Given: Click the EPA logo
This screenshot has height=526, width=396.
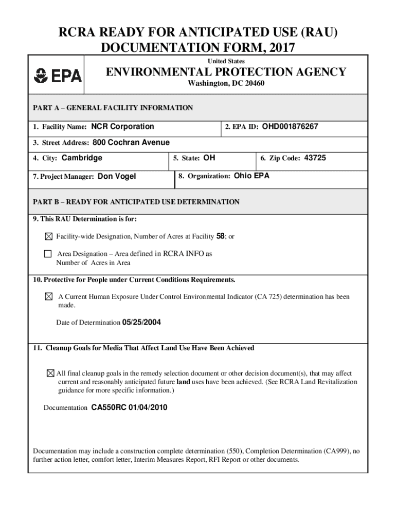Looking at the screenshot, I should tap(58, 76).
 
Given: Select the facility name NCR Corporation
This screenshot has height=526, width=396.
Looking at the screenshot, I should tap(122, 126).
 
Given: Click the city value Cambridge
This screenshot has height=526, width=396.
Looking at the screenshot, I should tap(82, 158).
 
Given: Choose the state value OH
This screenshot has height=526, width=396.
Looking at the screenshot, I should tap(209, 158).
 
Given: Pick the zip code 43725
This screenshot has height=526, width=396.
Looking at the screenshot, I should tap(315, 158).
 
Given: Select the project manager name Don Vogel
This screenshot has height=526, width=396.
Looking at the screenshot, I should tap(117, 176).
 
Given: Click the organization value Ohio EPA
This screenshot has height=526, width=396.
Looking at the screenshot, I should tap(251, 176).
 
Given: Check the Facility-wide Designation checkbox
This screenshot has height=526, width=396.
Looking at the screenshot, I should tap(48, 237).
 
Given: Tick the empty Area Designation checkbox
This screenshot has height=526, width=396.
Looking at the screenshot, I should tap(48, 254).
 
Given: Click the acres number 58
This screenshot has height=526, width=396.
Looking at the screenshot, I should tap(221, 236).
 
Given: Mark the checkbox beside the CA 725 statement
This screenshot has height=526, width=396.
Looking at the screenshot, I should tap(49, 297).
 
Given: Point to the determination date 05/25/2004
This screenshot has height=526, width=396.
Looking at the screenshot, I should tap(145, 322).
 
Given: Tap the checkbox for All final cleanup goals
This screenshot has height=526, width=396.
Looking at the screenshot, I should tap(50, 373).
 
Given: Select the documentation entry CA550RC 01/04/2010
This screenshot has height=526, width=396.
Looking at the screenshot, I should tap(129, 407).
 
